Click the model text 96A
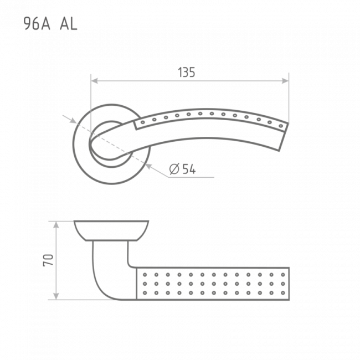[x=37, y=24]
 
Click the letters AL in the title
[x=69, y=24]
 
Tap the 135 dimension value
[x=187, y=73]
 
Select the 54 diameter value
[x=189, y=169]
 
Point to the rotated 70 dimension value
[x=48, y=260]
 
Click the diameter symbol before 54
[x=174, y=169]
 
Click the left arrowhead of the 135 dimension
[x=94, y=81]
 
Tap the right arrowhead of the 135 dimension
[x=285, y=81]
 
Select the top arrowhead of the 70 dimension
[x=56, y=225]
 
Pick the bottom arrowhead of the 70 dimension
[x=56, y=296]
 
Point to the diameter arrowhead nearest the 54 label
[x=149, y=166]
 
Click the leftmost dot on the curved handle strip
[x=142, y=122]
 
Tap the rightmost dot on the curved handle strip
[x=281, y=126]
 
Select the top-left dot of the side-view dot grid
[x=145, y=275]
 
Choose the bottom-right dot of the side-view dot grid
[x=283, y=293]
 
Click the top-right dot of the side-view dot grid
[x=283, y=275]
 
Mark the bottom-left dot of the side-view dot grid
[x=145, y=293]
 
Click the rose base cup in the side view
[x=111, y=230]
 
